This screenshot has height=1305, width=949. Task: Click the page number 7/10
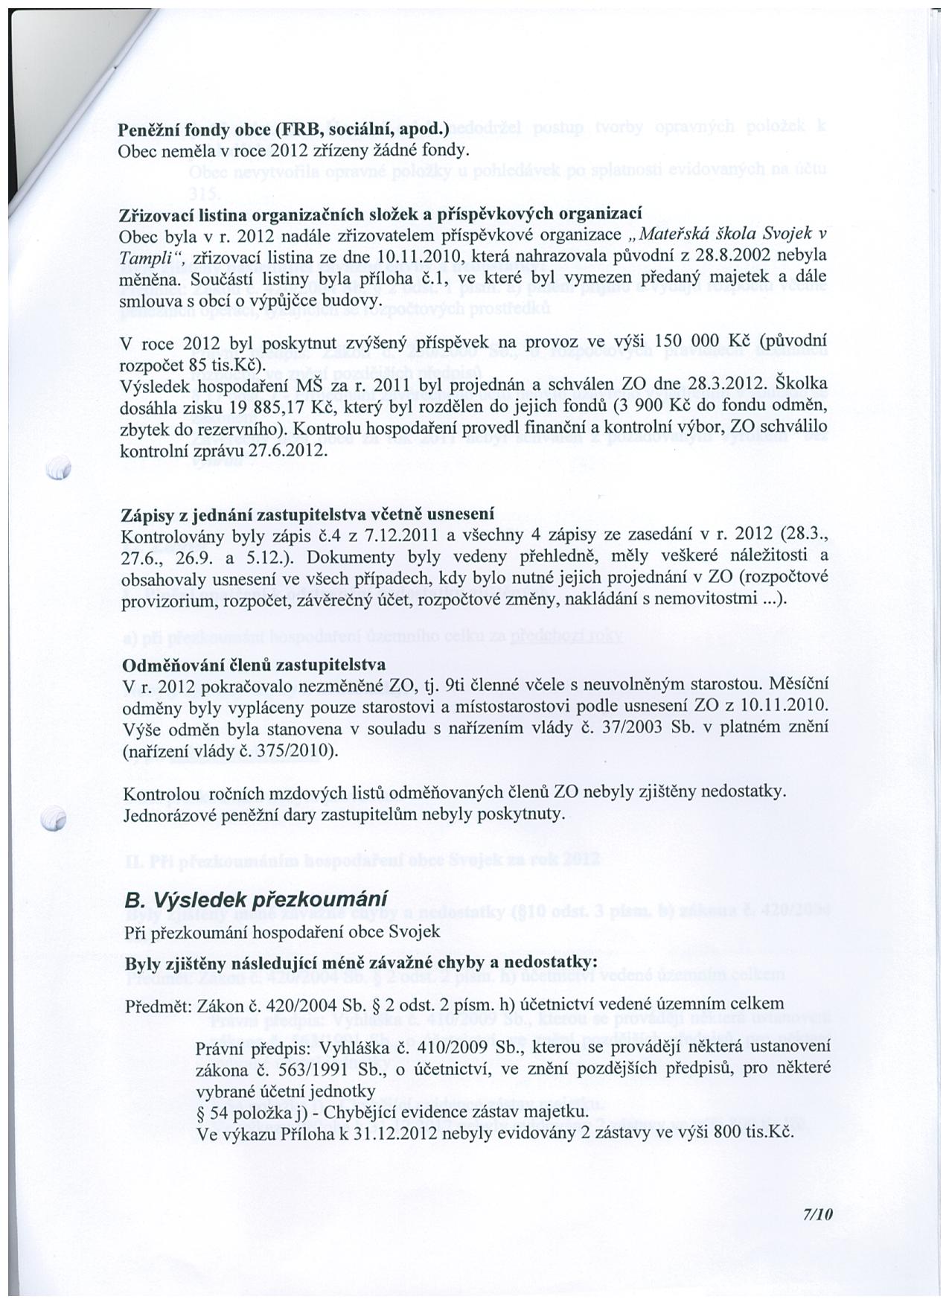(816, 1214)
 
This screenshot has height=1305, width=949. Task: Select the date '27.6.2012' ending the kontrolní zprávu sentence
(289, 451)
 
